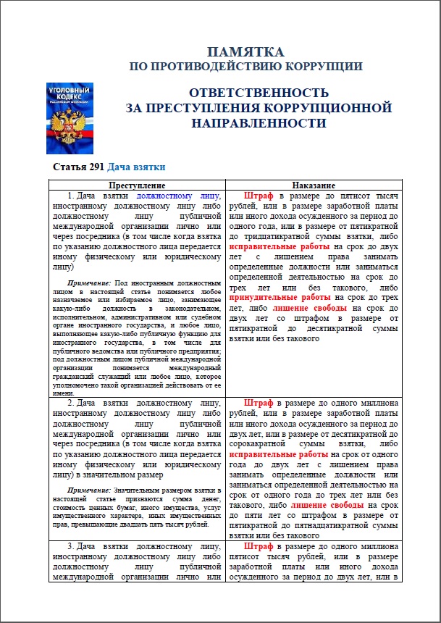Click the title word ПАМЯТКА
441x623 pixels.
tap(245, 51)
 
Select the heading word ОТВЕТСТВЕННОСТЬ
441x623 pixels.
tap(259, 93)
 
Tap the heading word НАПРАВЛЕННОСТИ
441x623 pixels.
tap(259, 123)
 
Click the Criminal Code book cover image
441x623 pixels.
tap(70, 117)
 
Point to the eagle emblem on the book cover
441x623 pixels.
tap(70, 122)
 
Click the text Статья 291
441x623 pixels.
tap(77, 168)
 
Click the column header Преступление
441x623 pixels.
tap(136, 185)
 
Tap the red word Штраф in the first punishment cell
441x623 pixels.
tap(259, 196)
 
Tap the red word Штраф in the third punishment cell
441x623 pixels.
tap(259, 545)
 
